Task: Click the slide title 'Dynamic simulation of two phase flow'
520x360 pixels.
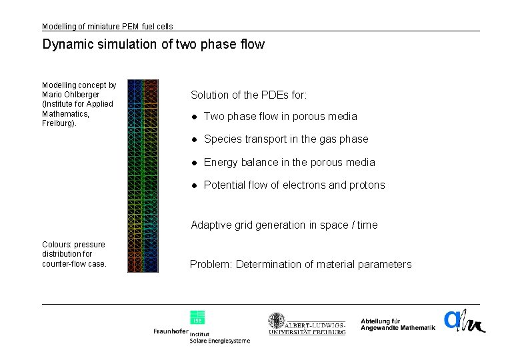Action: (x=153, y=45)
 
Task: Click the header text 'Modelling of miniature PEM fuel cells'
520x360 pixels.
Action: (x=107, y=27)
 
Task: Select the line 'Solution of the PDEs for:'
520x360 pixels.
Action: (x=249, y=95)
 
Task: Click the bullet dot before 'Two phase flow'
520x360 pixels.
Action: (x=194, y=117)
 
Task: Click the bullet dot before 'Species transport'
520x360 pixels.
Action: (x=194, y=139)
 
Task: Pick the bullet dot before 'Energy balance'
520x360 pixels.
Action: (x=194, y=163)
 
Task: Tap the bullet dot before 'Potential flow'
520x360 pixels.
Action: (x=194, y=185)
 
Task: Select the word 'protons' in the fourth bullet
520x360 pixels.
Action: (x=367, y=185)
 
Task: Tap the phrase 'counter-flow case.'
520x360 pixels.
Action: (x=74, y=264)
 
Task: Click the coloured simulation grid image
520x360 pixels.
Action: (x=143, y=176)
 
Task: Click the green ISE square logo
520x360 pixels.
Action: (x=197, y=317)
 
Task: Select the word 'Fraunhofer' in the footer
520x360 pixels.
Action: (x=170, y=331)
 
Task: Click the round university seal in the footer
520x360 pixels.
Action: (x=277, y=321)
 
